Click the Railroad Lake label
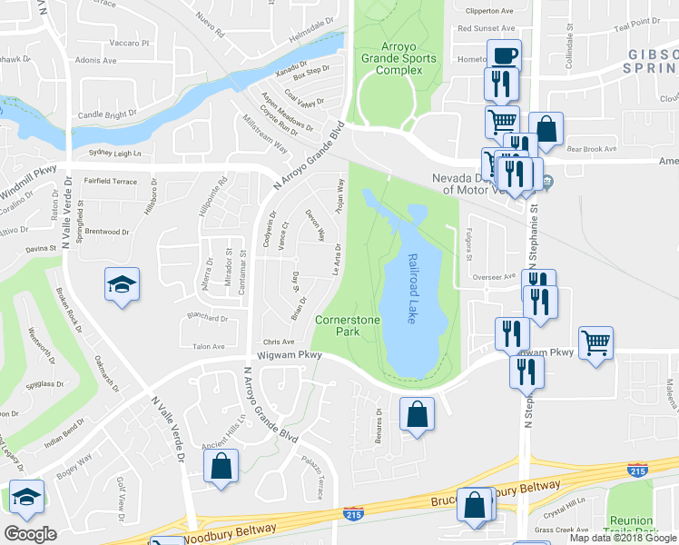pos(414,290)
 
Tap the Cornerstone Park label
pos(343,326)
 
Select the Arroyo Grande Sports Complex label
pos(395,59)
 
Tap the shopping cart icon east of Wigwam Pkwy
pos(595,342)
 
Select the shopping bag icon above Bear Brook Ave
pos(546,129)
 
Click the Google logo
pos(30,534)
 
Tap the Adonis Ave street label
pos(97,61)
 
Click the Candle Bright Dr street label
pos(106,115)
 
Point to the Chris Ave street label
pos(279,342)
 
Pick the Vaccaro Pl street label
pos(131,43)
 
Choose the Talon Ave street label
pos(208,346)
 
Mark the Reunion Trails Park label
pos(631,526)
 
